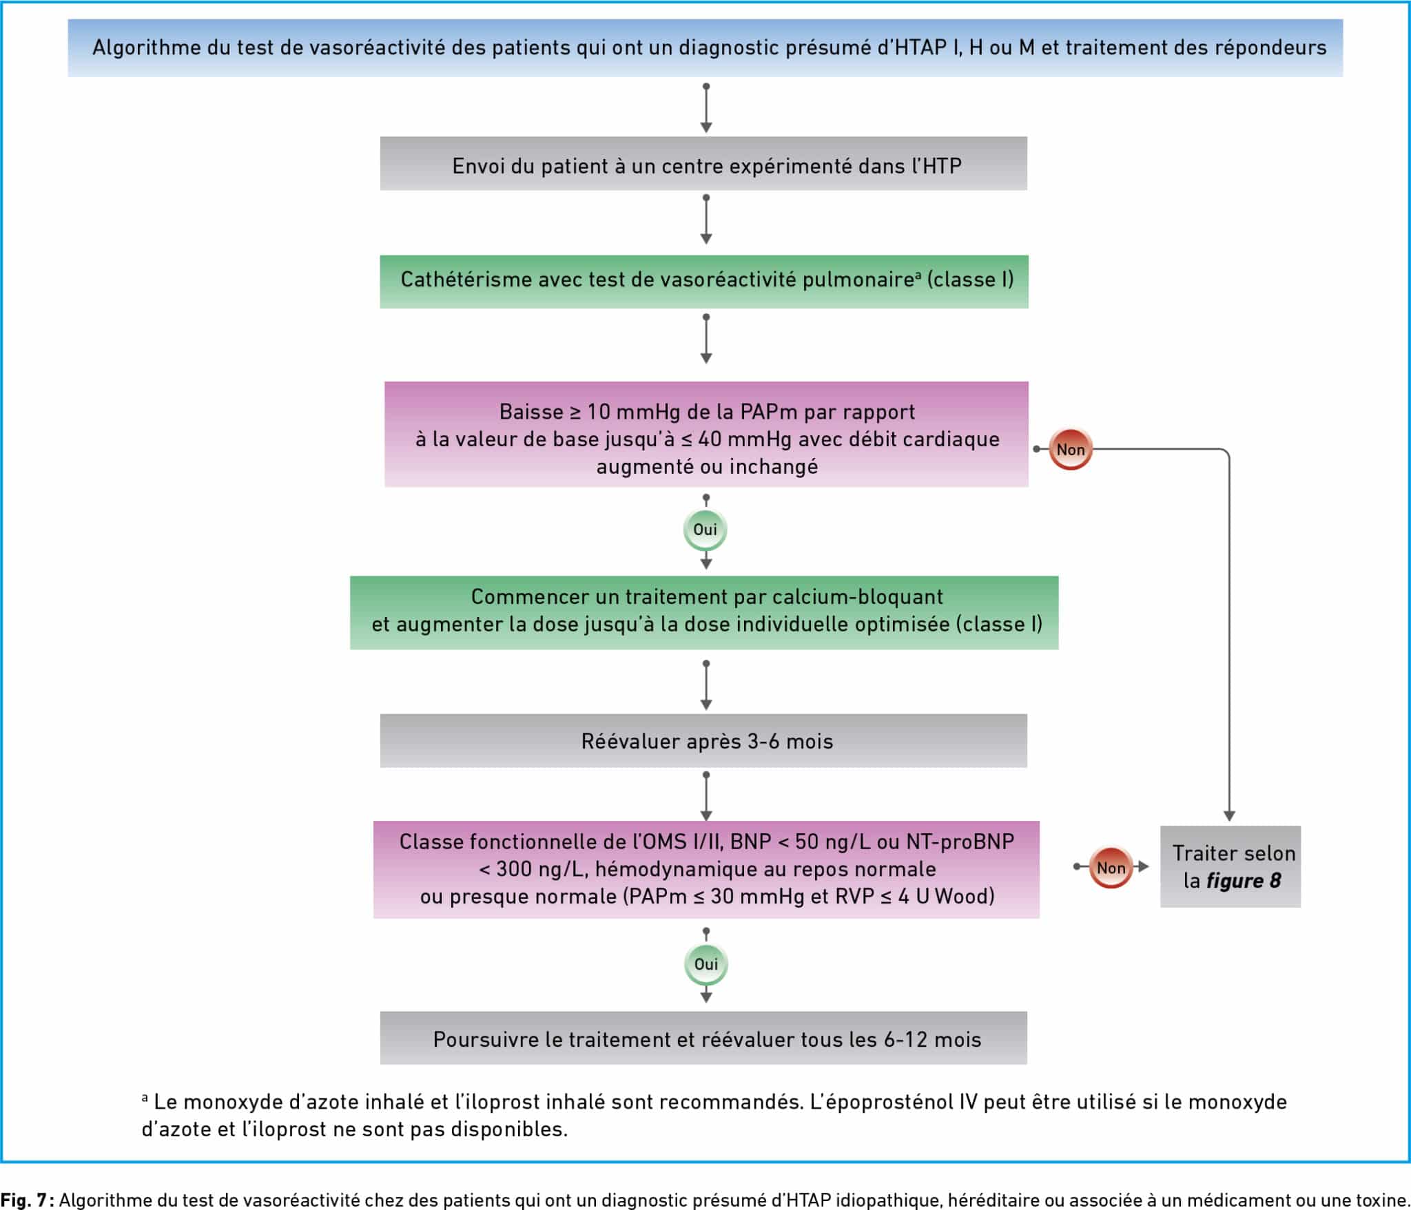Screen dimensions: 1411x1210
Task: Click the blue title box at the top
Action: [705, 48]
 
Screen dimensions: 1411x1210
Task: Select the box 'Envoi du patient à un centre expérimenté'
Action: [703, 163]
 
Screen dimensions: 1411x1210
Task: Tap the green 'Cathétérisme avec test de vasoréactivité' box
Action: [704, 282]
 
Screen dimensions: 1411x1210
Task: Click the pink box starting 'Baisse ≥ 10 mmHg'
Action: [706, 435]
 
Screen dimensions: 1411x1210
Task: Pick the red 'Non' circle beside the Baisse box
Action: [1070, 449]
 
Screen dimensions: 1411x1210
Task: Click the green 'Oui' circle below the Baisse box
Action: [705, 529]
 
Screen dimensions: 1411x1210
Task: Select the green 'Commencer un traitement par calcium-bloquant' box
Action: [704, 612]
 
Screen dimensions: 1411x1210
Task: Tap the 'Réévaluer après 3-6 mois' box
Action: [703, 740]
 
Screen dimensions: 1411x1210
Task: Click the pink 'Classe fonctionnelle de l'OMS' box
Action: [706, 869]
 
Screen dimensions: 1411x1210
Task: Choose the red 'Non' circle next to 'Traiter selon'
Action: [1111, 867]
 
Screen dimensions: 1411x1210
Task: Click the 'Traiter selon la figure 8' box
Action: [1230, 866]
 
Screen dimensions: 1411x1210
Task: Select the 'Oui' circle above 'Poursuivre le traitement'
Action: [705, 963]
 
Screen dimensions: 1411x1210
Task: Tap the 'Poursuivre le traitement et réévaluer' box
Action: [703, 1038]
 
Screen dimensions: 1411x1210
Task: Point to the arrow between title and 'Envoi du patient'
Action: [706, 107]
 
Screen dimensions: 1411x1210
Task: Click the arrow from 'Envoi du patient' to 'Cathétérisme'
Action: [706, 219]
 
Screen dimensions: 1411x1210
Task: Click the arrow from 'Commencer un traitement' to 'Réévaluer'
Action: [706, 685]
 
